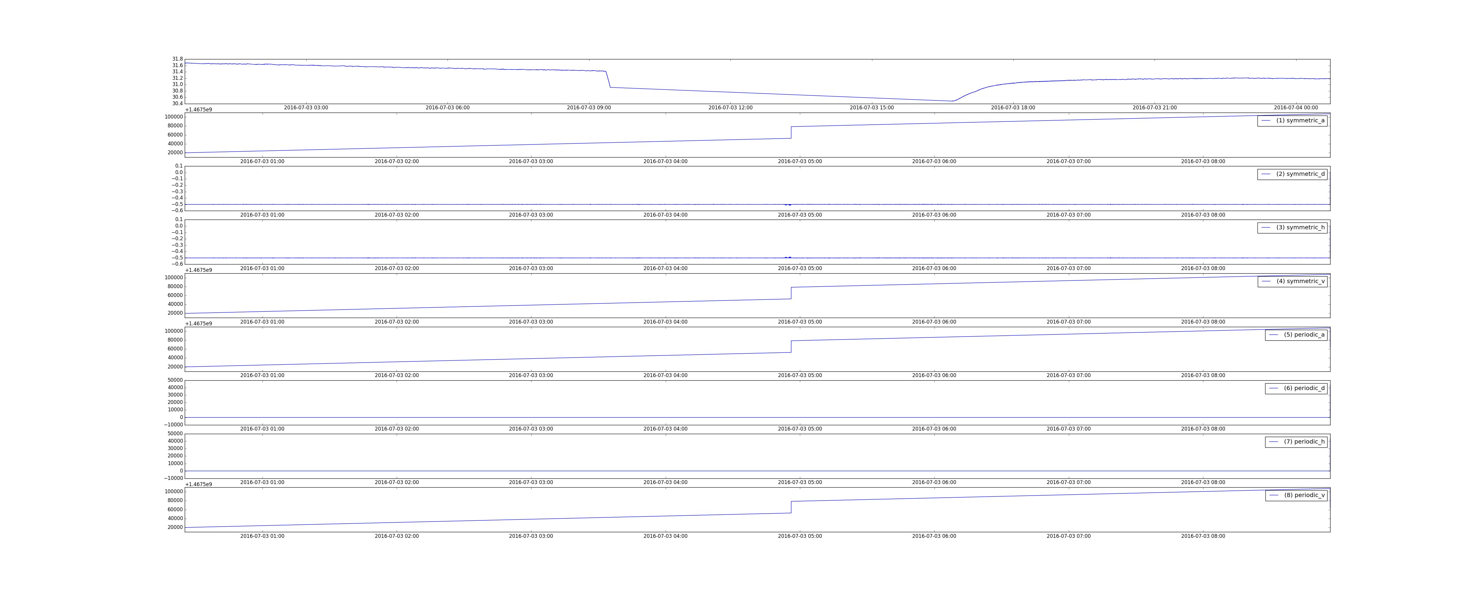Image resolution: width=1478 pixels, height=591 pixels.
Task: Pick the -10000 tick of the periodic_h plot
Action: click(x=173, y=478)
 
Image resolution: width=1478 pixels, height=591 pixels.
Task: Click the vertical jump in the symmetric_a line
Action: click(x=791, y=133)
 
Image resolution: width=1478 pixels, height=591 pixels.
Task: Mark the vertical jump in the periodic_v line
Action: click(x=791, y=507)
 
